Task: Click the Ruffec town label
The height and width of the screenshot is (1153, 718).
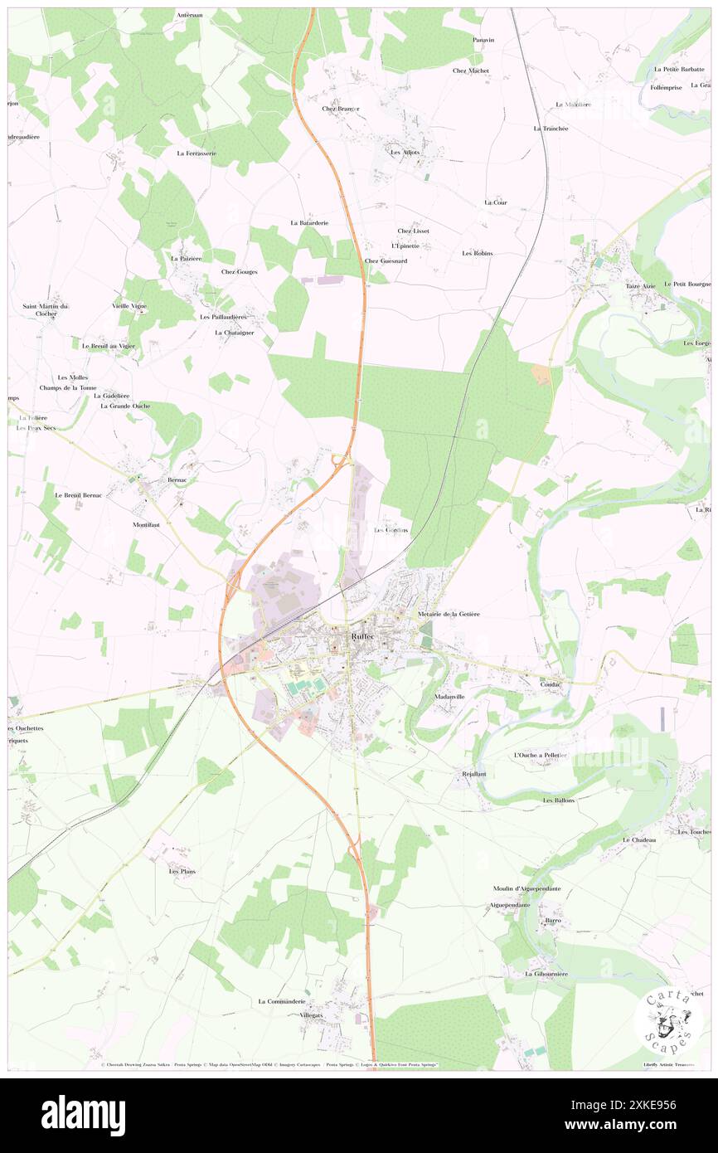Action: point(362,636)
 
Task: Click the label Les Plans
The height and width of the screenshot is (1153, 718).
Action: point(182,872)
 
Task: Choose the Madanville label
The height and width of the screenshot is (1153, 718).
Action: point(452,697)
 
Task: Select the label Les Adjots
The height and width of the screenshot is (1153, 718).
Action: point(405,153)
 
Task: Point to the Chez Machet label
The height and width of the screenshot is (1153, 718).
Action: point(471,71)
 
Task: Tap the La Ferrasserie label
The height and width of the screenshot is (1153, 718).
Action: point(196,153)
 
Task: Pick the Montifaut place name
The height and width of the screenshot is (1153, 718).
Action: point(147,525)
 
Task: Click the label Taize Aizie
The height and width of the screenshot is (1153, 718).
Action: point(641,286)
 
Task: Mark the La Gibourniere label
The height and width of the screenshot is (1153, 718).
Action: point(546,974)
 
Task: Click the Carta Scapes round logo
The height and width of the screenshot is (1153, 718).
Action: point(668,1021)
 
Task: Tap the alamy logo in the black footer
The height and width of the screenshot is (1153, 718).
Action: point(83,1116)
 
